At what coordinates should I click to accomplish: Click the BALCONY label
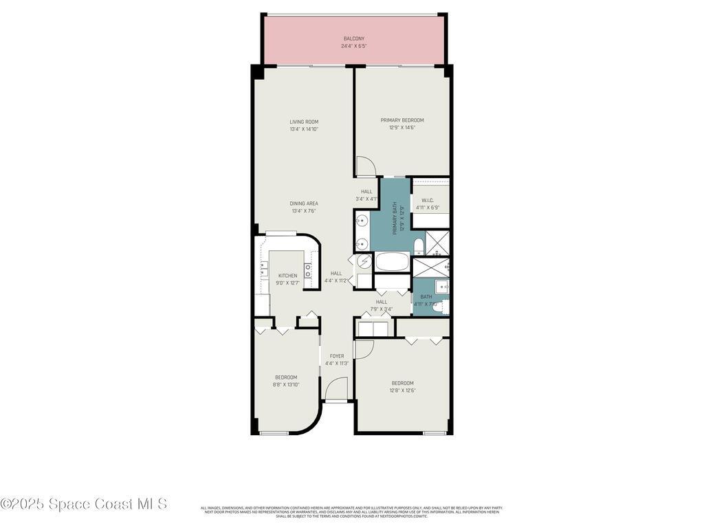pyautogui.click(x=354, y=38)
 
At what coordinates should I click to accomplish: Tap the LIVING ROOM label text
pyautogui.click(x=304, y=122)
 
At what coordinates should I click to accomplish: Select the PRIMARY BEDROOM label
pyautogui.click(x=402, y=120)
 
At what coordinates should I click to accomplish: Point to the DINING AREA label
pyautogui.click(x=304, y=203)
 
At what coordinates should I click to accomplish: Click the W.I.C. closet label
pyautogui.click(x=427, y=200)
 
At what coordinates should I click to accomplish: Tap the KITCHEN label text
pyautogui.click(x=287, y=276)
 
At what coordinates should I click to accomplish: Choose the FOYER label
pyautogui.click(x=337, y=356)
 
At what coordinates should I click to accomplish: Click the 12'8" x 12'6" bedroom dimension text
pyautogui.click(x=403, y=390)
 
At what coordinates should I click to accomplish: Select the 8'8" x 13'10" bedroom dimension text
pyautogui.click(x=286, y=384)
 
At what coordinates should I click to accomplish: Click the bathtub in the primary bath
pyautogui.click(x=392, y=262)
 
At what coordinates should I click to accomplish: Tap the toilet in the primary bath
pyautogui.click(x=418, y=246)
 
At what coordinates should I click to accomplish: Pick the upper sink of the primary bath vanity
pyautogui.click(x=362, y=221)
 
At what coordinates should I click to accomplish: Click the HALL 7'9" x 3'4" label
pyautogui.click(x=382, y=305)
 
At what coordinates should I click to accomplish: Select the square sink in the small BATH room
pyautogui.click(x=441, y=287)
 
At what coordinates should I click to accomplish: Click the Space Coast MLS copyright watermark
pyautogui.click(x=84, y=504)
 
